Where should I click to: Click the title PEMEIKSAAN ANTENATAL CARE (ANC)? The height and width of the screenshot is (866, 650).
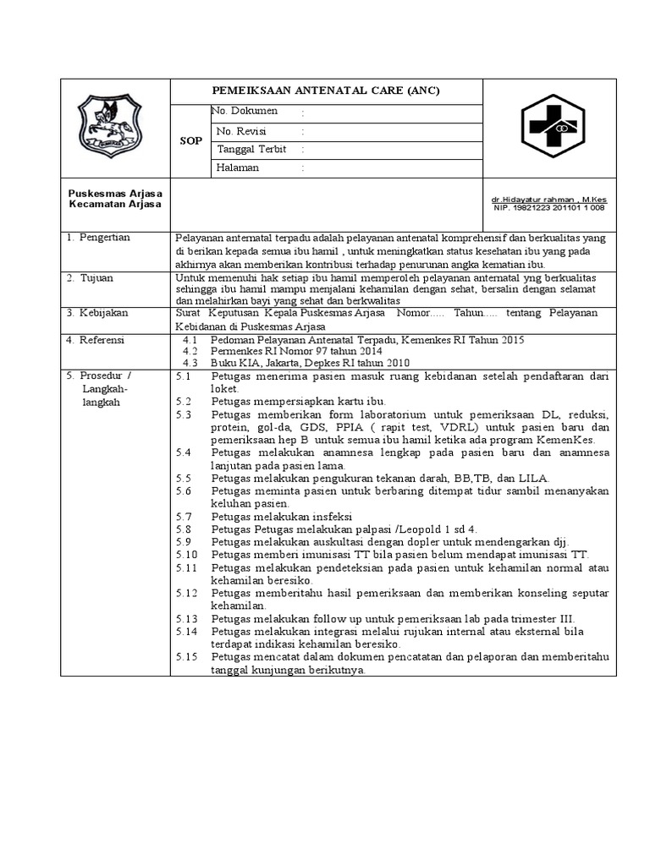[x=326, y=91]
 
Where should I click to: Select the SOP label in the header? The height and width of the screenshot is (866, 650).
[x=190, y=141]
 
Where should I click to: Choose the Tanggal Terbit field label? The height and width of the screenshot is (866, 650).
[x=251, y=150]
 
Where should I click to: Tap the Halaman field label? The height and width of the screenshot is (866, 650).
[x=238, y=168]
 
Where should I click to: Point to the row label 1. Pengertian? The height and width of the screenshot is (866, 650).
[x=100, y=238]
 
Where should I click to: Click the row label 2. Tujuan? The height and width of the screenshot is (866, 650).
[x=91, y=277]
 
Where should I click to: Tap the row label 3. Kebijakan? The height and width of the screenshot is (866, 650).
[x=98, y=312]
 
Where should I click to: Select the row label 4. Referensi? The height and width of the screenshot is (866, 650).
[x=97, y=340]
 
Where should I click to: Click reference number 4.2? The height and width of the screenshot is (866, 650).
[x=190, y=351]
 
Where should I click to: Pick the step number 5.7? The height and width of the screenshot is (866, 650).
[x=185, y=516]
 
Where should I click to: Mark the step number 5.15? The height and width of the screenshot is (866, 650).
[x=187, y=656]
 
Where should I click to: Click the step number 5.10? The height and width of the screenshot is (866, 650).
[x=187, y=554]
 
